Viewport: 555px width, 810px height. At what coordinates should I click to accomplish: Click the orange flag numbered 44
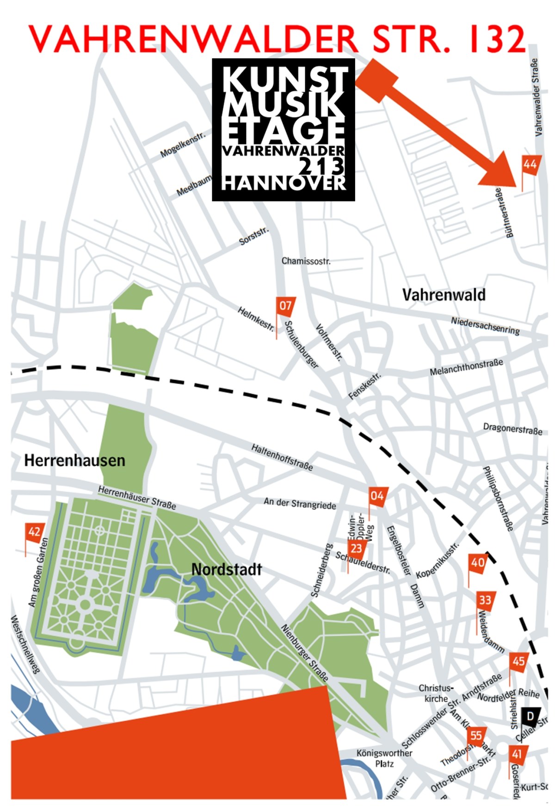pos(530,164)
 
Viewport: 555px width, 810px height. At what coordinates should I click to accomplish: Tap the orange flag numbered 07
pos(285,306)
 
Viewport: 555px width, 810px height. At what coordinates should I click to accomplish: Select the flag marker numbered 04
pos(377,496)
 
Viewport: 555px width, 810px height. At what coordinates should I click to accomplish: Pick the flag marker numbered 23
pos(356,549)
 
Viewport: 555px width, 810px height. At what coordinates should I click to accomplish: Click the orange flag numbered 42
pos(34,532)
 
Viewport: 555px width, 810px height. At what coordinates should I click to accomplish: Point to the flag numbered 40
pos(477,562)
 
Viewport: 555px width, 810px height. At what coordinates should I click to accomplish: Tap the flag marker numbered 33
pos(485,600)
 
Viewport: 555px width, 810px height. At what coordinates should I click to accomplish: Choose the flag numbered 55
pos(475,735)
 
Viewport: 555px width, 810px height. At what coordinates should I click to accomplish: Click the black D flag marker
pos(530,717)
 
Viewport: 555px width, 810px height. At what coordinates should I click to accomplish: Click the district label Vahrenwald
pos(444,295)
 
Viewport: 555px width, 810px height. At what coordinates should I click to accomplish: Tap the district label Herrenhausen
pos(74,461)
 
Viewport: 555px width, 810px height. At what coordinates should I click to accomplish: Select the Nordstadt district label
pos(227,569)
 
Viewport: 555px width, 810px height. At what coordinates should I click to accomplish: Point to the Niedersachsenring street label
pos(485,326)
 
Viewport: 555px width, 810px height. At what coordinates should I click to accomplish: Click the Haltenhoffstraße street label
pos(282,457)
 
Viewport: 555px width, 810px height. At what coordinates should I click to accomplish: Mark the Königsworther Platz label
pos(384,758)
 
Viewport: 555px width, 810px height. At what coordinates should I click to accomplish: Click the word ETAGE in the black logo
pos(284,131)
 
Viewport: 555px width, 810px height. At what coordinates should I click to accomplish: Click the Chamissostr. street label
pos(306,261)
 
